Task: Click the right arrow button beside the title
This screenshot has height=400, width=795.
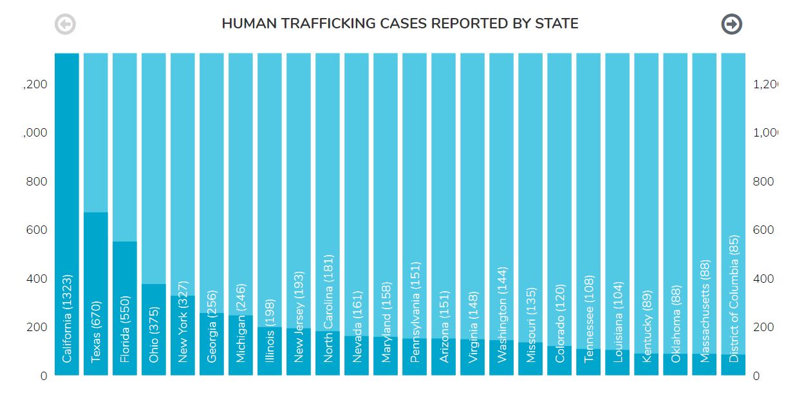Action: pyautogui.click(x=731, y=24)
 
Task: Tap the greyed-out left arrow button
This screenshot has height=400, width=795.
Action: pyautogui.click(x=65, y=24)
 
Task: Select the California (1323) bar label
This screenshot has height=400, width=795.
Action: pyautogui.click(x=68, y=319)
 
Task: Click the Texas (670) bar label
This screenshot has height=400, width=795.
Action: pyautogui.click(x=97, y=332)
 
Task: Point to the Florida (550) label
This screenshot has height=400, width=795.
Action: pyautogui.click(x=126, y=329)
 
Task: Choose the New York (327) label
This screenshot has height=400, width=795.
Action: pyautogui.click(x=183, y=322)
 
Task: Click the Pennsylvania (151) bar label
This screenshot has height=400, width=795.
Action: pyautogui.click(x=415, y=312)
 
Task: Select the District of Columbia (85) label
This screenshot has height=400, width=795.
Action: pyautogui.click(x=734, y=298)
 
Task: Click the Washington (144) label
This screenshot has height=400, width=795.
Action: pyautogui.click(x=502, y=315)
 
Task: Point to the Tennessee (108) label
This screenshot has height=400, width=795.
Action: pyautogui.click(x=589, y=319)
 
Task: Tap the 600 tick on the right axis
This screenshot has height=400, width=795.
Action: pyautogui.click(x=763, y=230)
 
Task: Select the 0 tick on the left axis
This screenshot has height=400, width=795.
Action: pyautogui.click(x=44, y=376)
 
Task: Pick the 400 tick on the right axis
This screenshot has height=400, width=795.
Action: pyautogui.click(x=763, y=279)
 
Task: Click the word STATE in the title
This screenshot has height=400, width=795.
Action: pyautogui.click(x=557, y=24)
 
